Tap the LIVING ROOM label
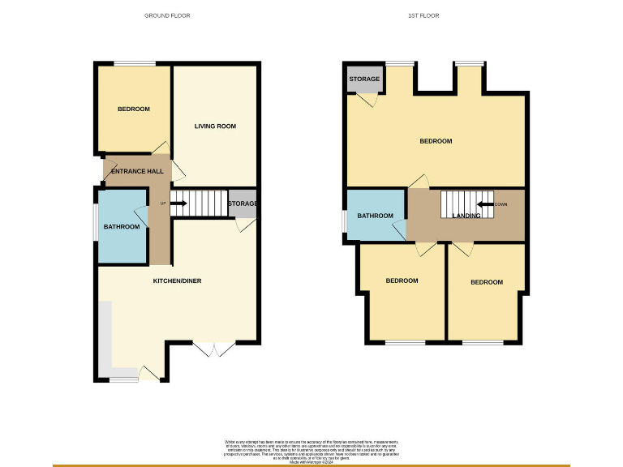pyautogui.click(x=215, y=126)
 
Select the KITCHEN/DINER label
pyautogui.click(x=177, y=281)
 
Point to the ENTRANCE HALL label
pyautogui.click(x=133, y=171)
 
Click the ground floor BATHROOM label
pyautogui.click(x=121, y=227)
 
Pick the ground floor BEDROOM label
pyautogui.click(x=133, y=109)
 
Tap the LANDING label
pyautogui.click(x=466, y=216)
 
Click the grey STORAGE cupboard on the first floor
pyautogui.click(x=364, y=79)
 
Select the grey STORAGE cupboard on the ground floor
pyautogui.click(x=243, y=205)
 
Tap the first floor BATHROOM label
pyautogui.click(x=376, y=216)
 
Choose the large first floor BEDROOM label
pyautogui.click(x=436, y=141)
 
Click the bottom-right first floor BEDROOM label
pyautogui.click(x=487, y=282)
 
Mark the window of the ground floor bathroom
pyautogui.click(x=95, y=226)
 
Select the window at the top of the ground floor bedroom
pyautogui.click(x=134, y=63)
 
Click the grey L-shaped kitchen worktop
pyautogui.click(x=106, y=341)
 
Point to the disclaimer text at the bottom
pyautogui.click(x=311, y=448)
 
